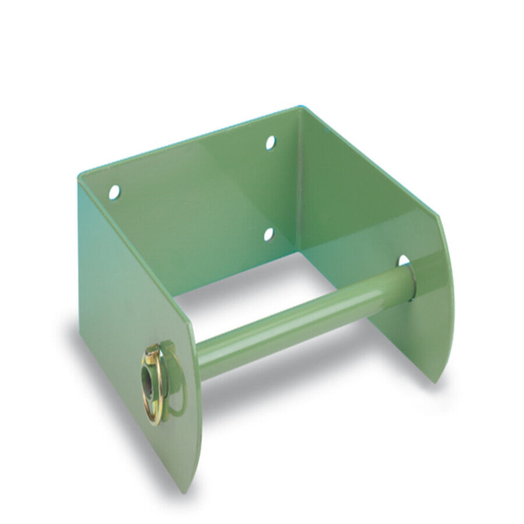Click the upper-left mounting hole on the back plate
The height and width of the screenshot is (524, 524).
point(114,192)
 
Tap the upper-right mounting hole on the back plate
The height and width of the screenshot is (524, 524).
point(271,142)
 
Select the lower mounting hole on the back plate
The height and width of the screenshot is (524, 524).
point(268,234)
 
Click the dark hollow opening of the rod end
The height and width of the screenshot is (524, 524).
point(148,382)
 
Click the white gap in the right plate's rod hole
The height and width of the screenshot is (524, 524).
point(403,260)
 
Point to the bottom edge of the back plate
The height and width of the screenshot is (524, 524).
point(233,274)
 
